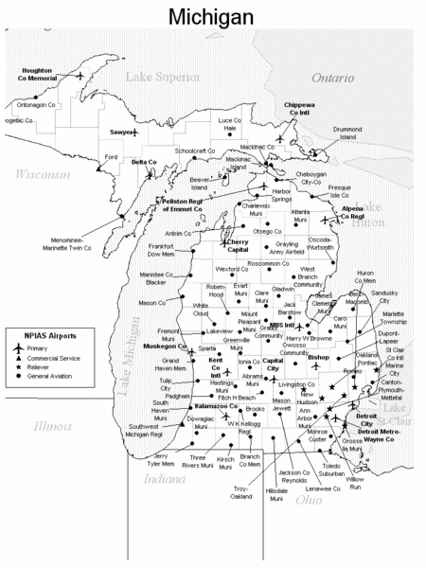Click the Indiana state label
pos(163,479)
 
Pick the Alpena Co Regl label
pos(360,210)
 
